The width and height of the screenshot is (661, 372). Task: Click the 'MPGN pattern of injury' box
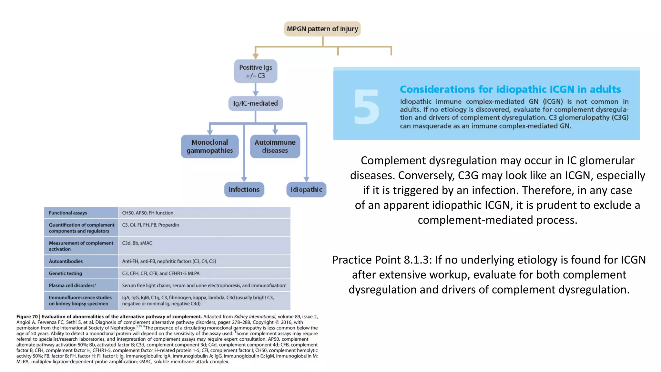click(x=322, y=29)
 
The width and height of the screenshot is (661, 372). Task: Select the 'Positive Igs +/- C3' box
click(x=255, y=71)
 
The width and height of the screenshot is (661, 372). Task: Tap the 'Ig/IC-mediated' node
click(x=255, y=103)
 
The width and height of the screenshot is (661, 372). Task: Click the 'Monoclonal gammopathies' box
click(x=210, y=146)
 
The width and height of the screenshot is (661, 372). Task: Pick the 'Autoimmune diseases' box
click(x=275, y=146)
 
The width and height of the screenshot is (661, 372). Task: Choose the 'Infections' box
click(x=244, y=190)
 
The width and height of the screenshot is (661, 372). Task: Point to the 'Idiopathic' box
click(x=306, y=190)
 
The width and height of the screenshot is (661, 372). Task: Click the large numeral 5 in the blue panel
click(x=366, y=107)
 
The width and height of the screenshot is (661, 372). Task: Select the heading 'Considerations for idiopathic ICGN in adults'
click(x=510, y=89)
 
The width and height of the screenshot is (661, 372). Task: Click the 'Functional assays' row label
click(x=68, y=213)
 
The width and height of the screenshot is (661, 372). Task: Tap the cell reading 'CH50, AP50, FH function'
click(x=147, y=213)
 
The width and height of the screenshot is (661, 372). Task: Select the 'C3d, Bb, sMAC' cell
click(x=137, y=243)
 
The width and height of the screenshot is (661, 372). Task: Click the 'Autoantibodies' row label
click(x=66, y=261)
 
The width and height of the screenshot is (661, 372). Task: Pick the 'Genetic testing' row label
click(x=66, y=273)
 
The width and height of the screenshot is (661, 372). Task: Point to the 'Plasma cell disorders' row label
click(x=72, y=285)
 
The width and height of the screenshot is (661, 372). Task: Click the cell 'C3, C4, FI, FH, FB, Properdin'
click(x=150, y=225)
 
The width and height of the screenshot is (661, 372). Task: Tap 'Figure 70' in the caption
click(x=27, y=316)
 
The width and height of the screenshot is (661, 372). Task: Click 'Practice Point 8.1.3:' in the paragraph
click(x=382, y=260)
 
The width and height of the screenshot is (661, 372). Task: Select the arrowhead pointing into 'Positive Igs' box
click(x=255, y=57)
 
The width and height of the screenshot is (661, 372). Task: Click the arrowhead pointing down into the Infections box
click(x=244, y=179)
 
